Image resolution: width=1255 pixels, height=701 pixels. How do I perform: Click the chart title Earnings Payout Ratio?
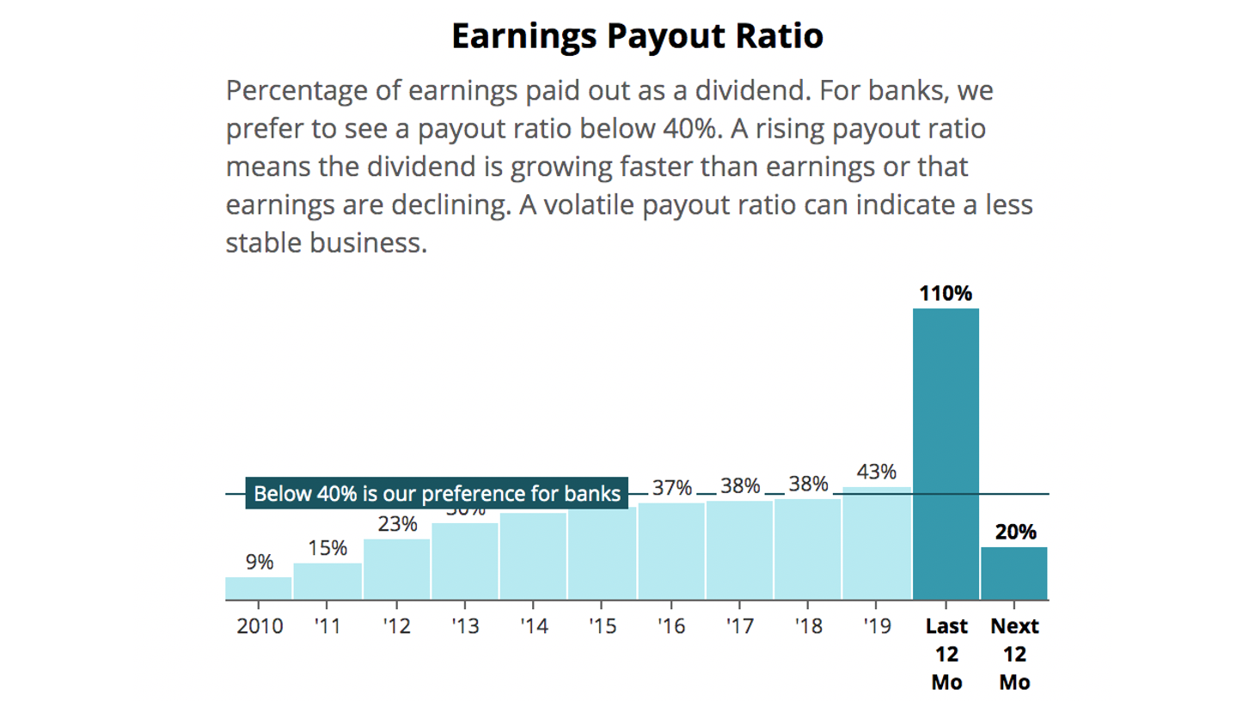tap(637, 36)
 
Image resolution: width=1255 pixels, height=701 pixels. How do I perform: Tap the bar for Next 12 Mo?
tap(1014, 573)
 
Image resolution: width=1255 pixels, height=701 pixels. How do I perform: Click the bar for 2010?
tap(259, 588)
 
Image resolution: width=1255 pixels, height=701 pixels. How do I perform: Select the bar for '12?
tap(396, 570)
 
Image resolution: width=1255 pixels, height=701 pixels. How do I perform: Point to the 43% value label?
tap(877, 472)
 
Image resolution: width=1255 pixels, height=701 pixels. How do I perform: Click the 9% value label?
tap(259, 563)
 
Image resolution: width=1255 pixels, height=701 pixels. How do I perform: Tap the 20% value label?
tap(1015, 532)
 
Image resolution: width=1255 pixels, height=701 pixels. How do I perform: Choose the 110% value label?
tap(946, 294)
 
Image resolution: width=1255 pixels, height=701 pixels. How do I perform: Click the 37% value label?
tap(671, 488)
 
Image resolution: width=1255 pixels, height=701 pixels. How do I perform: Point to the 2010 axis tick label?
tap(260, 626)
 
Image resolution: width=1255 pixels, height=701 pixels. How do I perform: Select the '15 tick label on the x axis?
tap(603, 626)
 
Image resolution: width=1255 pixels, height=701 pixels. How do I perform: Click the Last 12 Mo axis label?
tap(946, 654)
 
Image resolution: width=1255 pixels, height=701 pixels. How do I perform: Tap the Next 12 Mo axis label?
tap(1014, 654)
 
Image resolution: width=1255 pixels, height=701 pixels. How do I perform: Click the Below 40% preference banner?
tap(437, 494)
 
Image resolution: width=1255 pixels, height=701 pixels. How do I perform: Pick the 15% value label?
tap(328, 548)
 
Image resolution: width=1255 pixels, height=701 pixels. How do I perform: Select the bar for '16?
tap(671, 552)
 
